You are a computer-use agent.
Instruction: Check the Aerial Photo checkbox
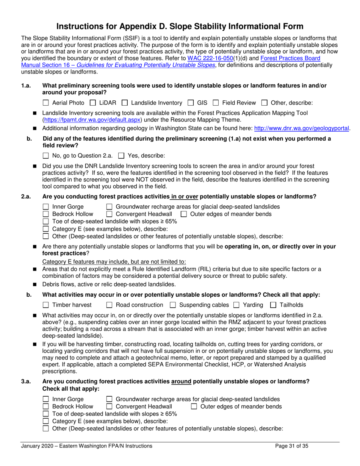[x=46, y=103]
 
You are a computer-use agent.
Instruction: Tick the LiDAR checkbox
[x=93, y=103]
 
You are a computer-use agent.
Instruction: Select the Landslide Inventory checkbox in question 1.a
[x=125, y=103]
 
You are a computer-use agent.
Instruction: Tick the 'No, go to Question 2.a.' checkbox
[x=46, y=155]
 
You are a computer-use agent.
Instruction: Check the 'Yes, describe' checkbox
[x=122, y=155]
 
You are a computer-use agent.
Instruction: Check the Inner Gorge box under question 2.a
[x=46, y=207]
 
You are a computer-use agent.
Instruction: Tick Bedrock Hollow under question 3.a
[x=46, y=407]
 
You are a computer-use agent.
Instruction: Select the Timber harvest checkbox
[x=46, y=305]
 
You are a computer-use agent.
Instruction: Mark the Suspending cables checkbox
[x=173, y=305]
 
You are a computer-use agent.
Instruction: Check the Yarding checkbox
[x=236, y=305]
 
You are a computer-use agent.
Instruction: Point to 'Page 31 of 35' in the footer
[x=291, y=446]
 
